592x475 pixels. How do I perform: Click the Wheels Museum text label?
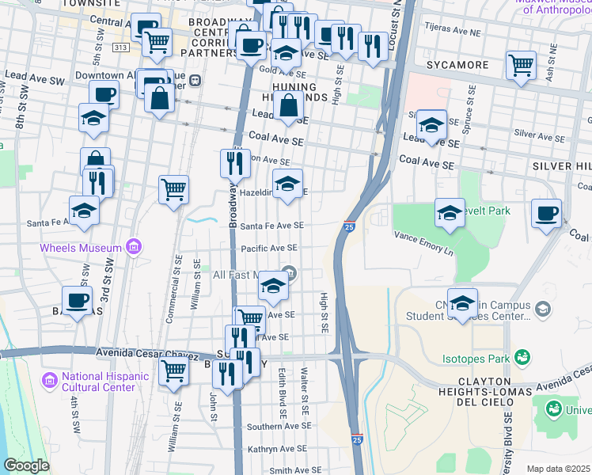(82, 249)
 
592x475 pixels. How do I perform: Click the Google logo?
(27, 465)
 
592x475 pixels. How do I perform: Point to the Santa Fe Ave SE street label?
(271, 226)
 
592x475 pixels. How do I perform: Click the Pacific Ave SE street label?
(269, 249)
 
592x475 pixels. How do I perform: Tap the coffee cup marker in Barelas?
(78, 300)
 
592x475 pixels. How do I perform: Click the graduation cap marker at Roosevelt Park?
(450, 212)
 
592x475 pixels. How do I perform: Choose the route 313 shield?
(120, 47)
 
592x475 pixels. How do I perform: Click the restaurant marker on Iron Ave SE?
(235, 163)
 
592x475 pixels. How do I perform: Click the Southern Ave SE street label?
(275, 427)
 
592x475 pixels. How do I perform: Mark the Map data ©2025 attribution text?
(559, 469)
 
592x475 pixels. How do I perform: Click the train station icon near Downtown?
(194, 80)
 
